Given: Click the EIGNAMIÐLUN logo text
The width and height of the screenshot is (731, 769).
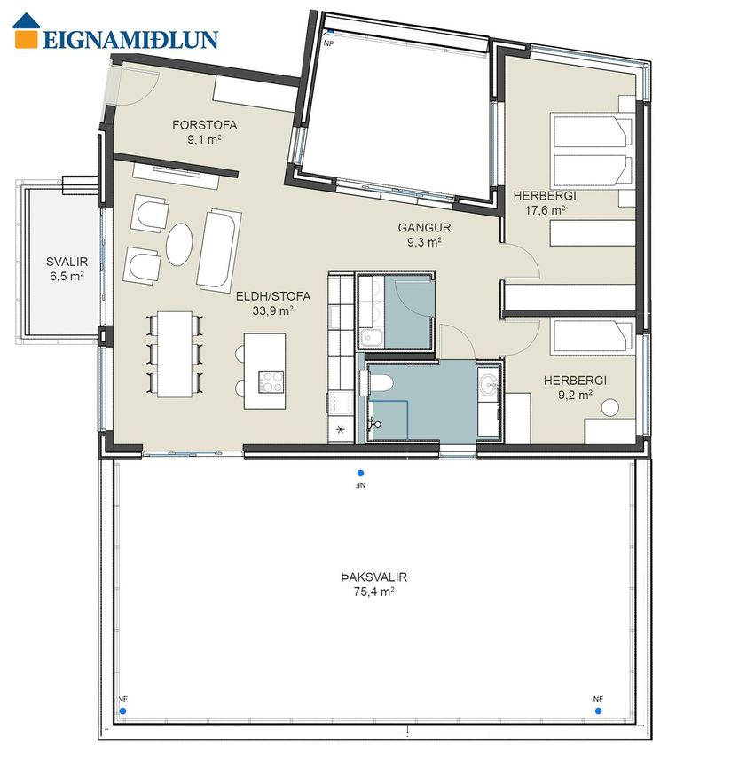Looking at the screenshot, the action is click(130, 39).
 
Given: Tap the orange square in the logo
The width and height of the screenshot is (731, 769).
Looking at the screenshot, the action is click(26, 39).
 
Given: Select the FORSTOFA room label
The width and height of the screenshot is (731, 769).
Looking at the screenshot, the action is click(205, 124).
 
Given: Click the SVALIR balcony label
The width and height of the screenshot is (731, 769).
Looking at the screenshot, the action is click(67, 262).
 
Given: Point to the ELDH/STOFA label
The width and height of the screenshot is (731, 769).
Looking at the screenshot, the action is click(273, 295).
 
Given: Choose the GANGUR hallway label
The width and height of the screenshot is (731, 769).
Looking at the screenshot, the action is click(424, 227).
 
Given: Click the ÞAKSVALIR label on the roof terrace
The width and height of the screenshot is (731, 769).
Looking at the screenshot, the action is click(374, 577).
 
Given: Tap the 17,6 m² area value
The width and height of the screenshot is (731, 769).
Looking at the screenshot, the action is click(545, 210).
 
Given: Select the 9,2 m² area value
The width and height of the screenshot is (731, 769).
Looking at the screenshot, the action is click(575, 395).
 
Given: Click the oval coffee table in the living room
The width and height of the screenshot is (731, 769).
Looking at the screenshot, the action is click(178, 245).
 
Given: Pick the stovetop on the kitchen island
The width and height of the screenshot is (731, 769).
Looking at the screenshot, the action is click(271, 381).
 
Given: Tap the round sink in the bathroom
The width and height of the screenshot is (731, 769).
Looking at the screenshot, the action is click(487, 383).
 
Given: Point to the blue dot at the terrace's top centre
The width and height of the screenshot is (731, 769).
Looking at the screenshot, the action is click(360, 474).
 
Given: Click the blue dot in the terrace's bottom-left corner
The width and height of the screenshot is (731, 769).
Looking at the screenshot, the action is click(122, 710).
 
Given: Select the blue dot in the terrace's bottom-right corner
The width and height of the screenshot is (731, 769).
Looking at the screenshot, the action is click(598, 710).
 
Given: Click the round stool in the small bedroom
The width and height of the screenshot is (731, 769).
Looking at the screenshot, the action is click(610, 407).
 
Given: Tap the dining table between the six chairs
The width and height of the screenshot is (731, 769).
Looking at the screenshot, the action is click(175, 354).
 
